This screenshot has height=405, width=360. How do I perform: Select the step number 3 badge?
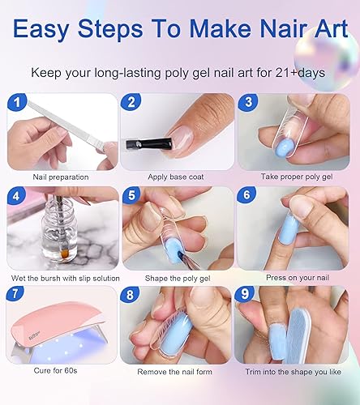click(x=246, y=102)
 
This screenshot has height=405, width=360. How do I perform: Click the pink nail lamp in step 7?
click(x=57, y=320)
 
